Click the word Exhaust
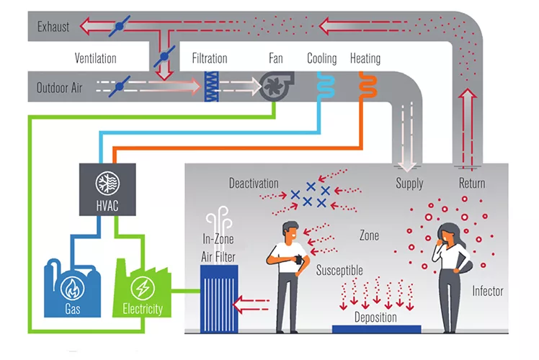53,27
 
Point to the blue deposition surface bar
376,329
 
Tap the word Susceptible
339,270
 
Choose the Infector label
487,292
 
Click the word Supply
409,183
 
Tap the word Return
472,183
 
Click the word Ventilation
95,58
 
